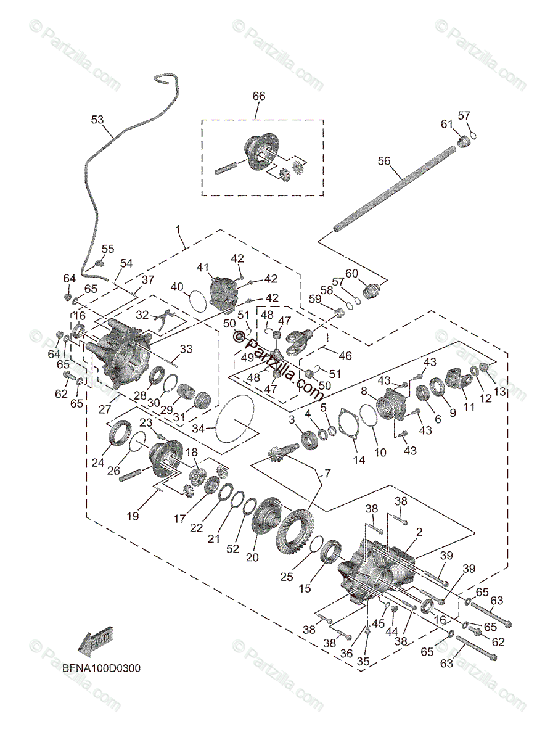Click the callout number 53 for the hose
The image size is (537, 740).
tap(97, 120)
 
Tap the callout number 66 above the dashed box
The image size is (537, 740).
tap(258, 96)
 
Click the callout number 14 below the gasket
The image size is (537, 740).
tap(358, 459)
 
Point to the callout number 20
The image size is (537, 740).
tap(252, 557)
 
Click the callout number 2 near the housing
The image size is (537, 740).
tap(419, 532)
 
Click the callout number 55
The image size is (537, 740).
tap(108, 249)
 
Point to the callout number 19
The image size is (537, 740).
tap(133, 516)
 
